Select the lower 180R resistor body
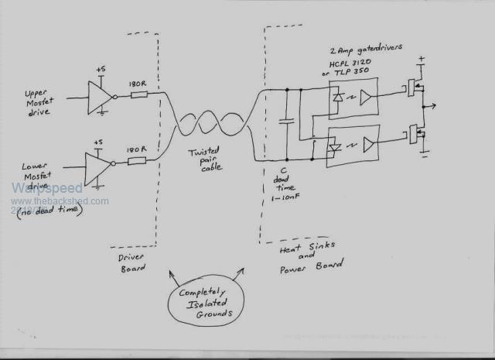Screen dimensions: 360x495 [137, 162]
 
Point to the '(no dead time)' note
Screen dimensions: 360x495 [48, 209]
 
